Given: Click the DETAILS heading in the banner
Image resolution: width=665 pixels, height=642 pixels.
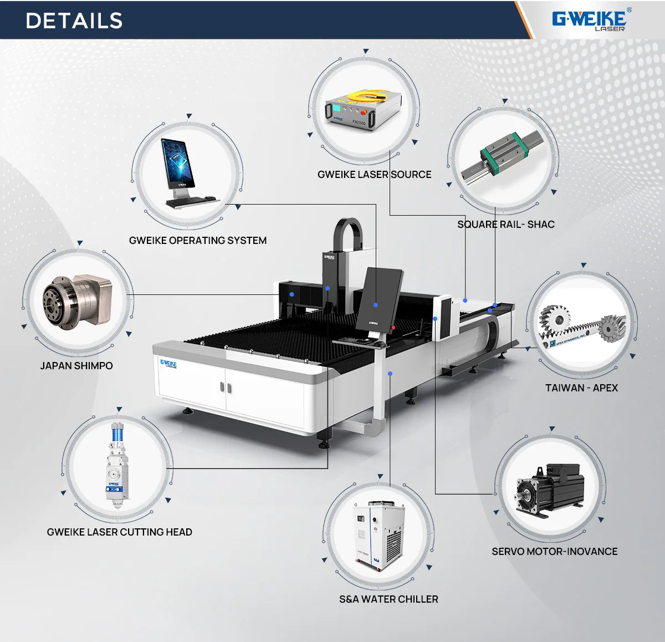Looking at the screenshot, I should pos(74,21).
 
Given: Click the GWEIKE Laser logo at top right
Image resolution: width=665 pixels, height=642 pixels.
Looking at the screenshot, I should pos(590,19).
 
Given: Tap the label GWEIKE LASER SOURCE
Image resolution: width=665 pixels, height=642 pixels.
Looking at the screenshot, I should pos(374,175).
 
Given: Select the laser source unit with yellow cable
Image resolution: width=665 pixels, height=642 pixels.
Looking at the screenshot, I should pos(363,111).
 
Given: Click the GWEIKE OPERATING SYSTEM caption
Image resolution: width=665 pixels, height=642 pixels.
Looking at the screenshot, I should pos(198,241).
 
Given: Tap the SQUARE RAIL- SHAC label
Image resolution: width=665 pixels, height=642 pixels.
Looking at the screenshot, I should pos(505,225).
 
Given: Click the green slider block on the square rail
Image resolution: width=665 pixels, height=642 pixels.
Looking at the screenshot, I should pos(502,148).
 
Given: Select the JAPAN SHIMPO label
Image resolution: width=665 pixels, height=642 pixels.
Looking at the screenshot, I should pos(76,366).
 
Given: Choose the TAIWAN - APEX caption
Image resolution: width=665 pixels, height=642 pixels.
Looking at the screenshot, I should pos(581,388).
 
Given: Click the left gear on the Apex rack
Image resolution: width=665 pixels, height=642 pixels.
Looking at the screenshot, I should pos(554,320).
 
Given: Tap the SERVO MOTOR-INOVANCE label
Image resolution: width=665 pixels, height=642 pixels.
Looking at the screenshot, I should pos(554,552).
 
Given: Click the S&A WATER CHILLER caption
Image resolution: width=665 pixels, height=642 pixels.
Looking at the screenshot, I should pos(388,599).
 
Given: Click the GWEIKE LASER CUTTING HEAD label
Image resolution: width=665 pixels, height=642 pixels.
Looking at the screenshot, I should pos(119,532).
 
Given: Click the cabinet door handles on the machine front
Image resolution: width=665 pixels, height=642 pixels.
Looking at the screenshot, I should pos(226,387).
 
